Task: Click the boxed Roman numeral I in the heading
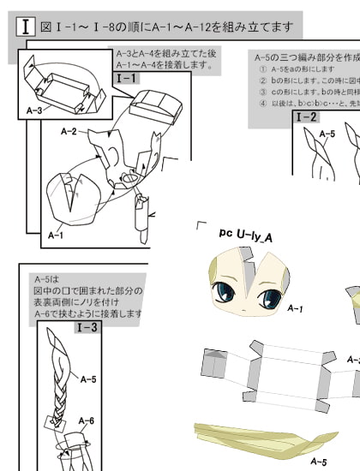coord(27,27)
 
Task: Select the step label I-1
coord(126,78)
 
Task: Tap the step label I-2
coord(306,117)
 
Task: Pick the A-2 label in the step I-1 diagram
coord(70,132)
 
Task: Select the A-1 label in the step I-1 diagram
coord(56,234)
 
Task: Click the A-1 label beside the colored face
coord(296,307)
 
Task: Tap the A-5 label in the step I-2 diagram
coord(327,134)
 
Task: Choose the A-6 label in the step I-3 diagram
coord(87,420)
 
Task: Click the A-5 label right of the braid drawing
coord(88,378)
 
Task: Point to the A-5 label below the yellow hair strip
coord(318,462)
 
